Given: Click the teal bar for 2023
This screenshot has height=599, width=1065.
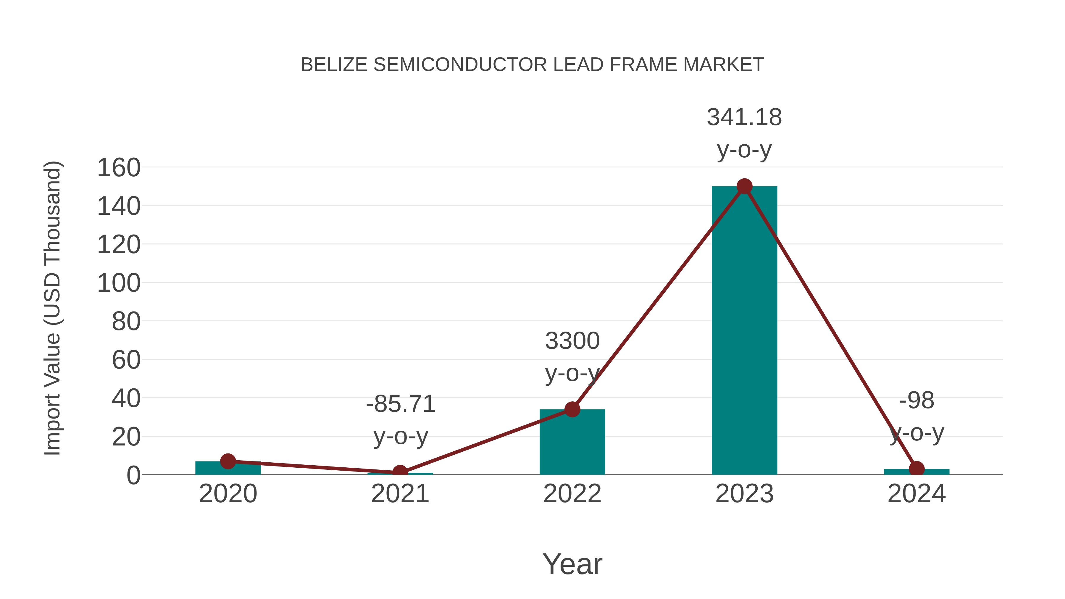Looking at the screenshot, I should point(744,331).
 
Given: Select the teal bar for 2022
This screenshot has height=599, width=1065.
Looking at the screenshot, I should point(572,442).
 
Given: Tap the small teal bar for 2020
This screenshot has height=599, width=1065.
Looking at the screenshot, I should point(228,468).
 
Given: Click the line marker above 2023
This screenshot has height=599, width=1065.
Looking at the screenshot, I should point(744,186).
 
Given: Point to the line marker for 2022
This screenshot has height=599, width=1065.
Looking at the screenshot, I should point(572,409).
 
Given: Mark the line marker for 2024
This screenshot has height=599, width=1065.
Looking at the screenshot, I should point(916,469).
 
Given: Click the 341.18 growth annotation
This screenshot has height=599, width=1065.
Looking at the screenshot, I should point(744,117).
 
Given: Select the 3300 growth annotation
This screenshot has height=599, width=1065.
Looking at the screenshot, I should point(572,341).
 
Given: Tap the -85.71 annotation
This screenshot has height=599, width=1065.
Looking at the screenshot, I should point(401,404).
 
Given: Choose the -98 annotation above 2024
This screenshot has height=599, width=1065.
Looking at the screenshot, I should point(916,401).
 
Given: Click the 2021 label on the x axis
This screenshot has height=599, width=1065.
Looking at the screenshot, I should point(400,494).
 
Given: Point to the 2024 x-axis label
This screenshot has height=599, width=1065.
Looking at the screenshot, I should point(916,494).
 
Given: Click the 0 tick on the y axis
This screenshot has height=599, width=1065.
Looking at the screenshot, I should point(133,475).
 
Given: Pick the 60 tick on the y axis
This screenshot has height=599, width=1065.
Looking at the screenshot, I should point(126,360).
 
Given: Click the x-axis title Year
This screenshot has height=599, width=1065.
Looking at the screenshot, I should point(572,564).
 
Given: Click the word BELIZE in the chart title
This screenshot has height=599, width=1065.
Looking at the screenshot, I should point(334,65).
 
